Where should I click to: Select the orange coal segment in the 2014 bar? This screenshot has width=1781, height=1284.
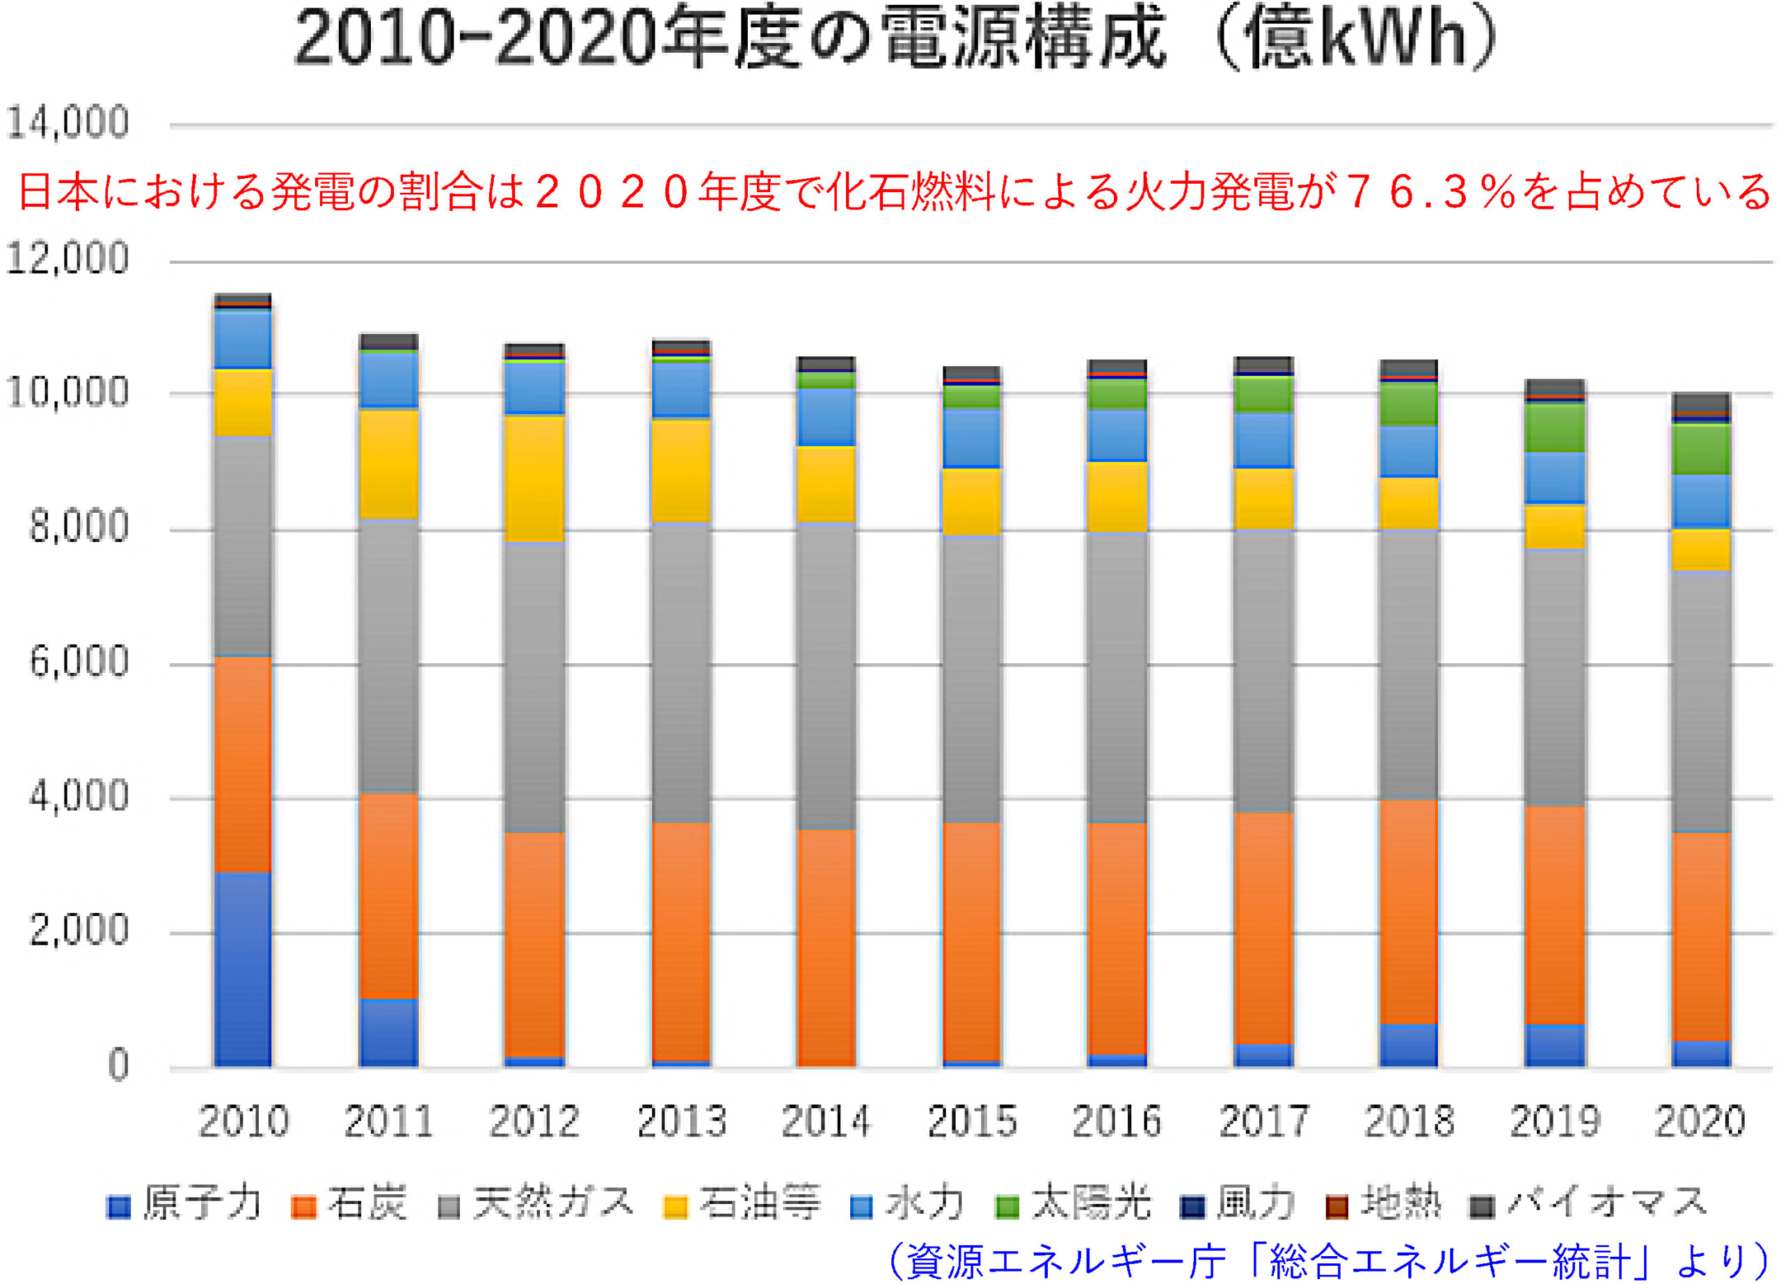pyautogui.click(x=826, y=946)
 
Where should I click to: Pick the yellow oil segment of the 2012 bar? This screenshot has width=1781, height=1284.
pyautogui.click(x=535, y=477)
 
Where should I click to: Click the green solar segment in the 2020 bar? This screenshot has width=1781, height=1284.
pyautogui.click(x=1701, y=448)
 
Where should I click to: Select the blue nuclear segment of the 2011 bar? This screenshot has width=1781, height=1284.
pyautogui.click(x=389, y=1032)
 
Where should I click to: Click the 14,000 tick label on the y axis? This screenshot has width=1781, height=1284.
pyautogui.click(x=67, y=123)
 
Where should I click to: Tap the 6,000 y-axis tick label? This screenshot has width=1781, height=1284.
pyautogui.click(x=79, y=662)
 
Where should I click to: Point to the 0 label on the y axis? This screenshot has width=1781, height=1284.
pyautogui.click(x=118, y=1065)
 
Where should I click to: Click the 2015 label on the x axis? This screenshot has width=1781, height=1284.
pyautogui.click(x=972, y=1120)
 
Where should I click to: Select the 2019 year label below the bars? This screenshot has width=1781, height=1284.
pyautogui.click(x=1555, y=1120)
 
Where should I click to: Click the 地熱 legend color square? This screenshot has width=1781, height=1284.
pyautogui.click(x=1336, y=1206)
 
